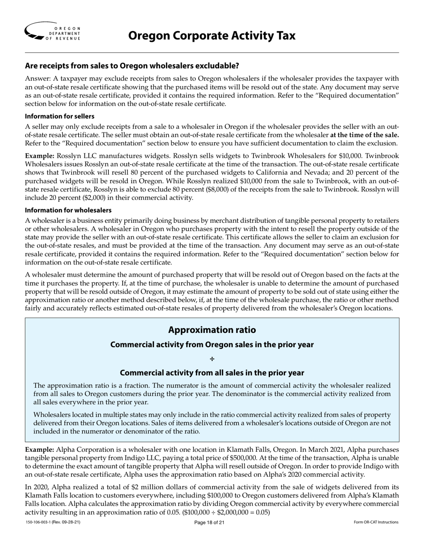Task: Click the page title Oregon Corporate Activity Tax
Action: click(x=212, y=35)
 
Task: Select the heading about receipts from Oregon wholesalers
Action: click(x=132, y=66)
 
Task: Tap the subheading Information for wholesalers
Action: click(x=68, y=210)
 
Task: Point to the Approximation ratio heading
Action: click(x=212, y=330)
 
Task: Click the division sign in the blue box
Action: click(x=212, y=359)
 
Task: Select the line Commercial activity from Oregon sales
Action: click(x=212, y=344)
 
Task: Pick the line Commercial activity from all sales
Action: click(x=212, y=372)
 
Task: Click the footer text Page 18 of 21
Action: click(x=209, y=522)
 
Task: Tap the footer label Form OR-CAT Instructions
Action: click(x=376, y=522)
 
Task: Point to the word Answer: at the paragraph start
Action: click(x=37, y=79)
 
